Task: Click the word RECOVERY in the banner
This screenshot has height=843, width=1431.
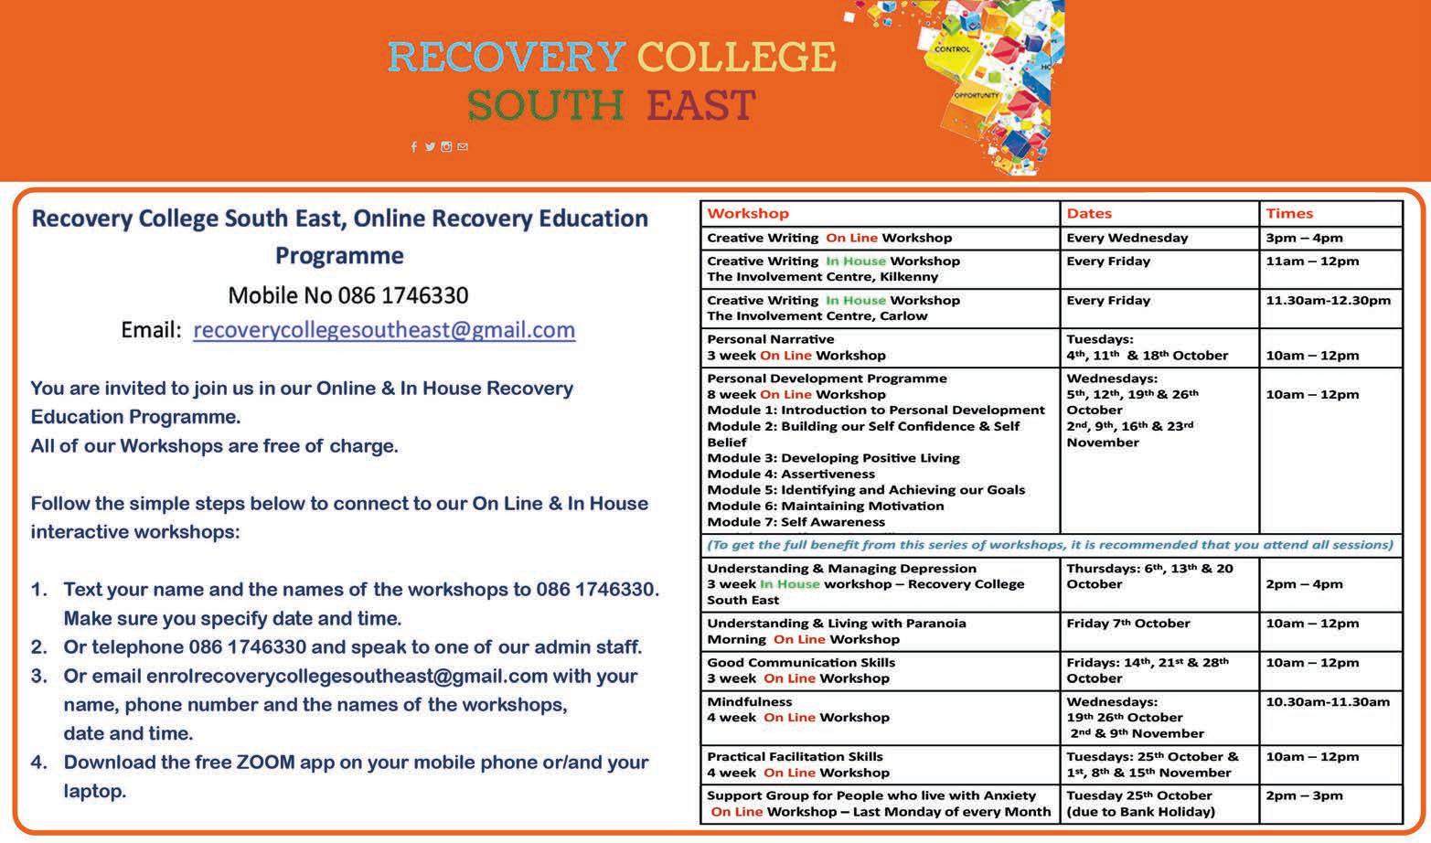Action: tap(507, 57)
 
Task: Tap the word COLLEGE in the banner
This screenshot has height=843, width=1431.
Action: tap(736, 57)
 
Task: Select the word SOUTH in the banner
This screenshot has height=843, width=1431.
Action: tap(546, 106)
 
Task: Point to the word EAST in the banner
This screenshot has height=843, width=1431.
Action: tap(700, 106)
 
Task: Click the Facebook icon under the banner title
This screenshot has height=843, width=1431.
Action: tap(414, 147)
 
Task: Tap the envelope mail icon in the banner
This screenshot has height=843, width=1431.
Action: tap(463, 147)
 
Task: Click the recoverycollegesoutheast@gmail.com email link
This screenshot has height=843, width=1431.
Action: tap(384, 330)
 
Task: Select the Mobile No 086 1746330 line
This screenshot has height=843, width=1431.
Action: tap(347, 295)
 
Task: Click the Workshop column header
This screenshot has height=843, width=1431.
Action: tap(747, 214)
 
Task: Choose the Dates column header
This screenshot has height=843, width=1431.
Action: tap(1089, 214)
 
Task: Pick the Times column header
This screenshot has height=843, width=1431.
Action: tap(1289, 214)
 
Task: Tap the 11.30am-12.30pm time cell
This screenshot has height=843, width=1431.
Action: tap(1328, 301)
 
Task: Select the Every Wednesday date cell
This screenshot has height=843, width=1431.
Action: tap(1127, 239)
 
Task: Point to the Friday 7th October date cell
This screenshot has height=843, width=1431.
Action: tap(1127, 624)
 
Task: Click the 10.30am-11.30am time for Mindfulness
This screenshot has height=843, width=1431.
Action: tap(1328, 702)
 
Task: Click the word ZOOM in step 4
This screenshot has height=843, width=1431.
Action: tap(265, 763)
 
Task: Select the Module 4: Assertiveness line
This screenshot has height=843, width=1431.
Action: tap(791, 475)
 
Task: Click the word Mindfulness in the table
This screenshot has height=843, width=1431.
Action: tap(749, 702)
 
